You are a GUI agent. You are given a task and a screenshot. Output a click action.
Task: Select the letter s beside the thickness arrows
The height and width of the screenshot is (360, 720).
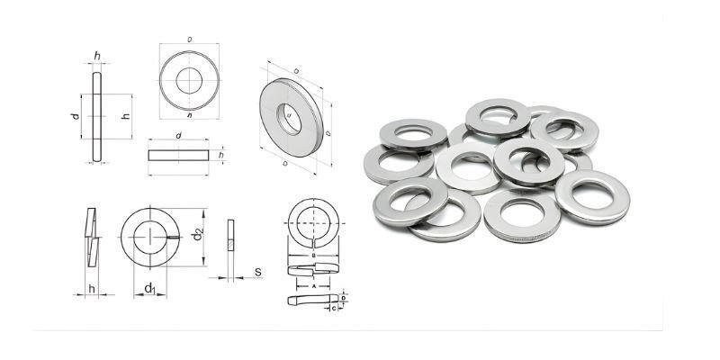pos(257,272)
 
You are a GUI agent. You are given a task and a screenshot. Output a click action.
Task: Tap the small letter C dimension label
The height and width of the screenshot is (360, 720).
pos(334,308)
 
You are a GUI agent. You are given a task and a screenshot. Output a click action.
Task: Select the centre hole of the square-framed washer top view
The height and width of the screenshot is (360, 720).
pos(189,78)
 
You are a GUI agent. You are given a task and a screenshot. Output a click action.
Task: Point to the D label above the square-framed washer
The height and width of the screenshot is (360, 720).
pos(189,40)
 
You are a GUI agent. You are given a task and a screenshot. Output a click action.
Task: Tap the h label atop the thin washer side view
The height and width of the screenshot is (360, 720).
pos(96,57)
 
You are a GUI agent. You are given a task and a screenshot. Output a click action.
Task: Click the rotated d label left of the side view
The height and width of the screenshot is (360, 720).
pos(76,116)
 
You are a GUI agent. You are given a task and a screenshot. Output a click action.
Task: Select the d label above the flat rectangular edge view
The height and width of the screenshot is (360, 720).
pos(178,136)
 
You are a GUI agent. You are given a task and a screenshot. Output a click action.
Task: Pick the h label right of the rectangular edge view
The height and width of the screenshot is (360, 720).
pos(220,155)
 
